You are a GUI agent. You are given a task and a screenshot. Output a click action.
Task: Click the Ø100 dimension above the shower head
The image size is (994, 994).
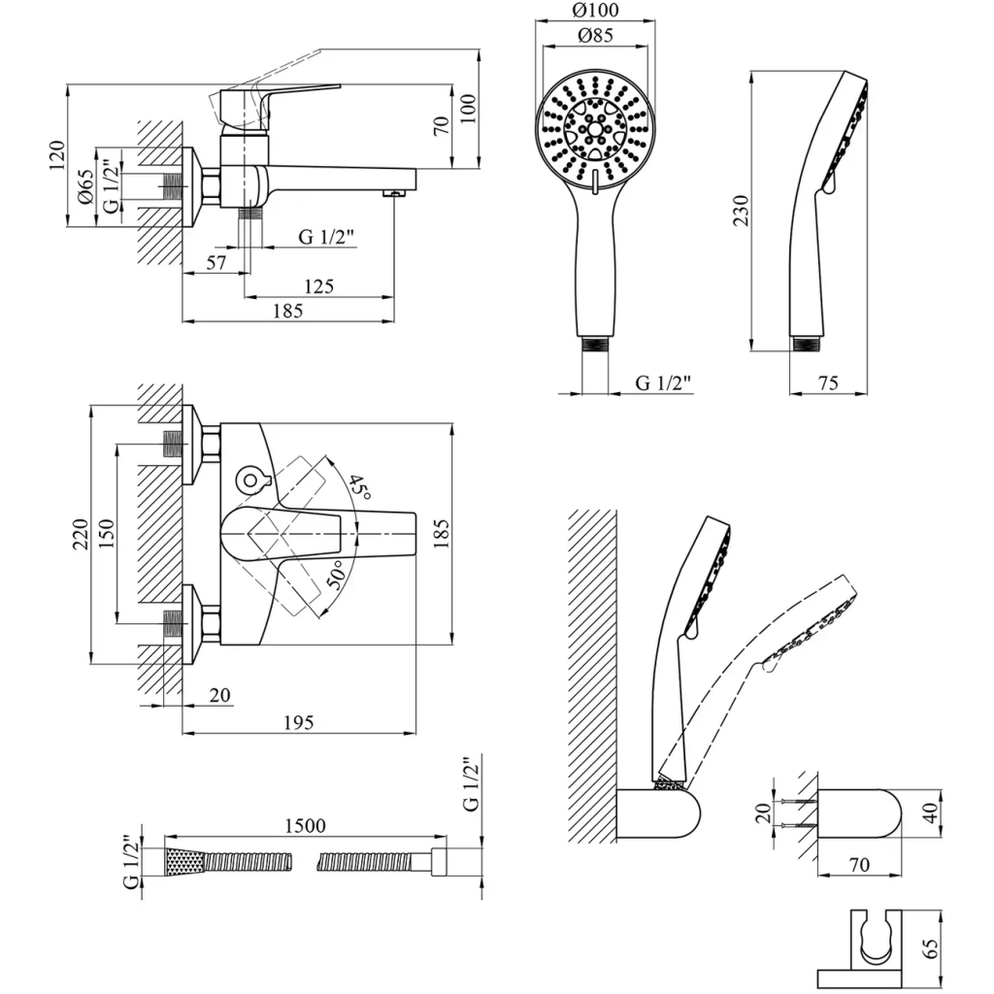[595, 12]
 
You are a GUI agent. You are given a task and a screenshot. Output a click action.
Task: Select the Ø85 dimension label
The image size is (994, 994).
[595, 38]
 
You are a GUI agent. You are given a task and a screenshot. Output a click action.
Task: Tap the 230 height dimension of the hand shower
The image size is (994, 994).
[741, 211]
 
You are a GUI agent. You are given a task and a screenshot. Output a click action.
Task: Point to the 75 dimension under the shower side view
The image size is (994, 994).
[828, 383]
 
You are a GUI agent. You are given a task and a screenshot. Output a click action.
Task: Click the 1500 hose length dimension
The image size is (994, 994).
[305, 825]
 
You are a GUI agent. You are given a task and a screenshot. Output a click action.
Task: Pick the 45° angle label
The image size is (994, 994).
[360, 487]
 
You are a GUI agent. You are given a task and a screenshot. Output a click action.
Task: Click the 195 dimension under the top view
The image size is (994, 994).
[298, 722]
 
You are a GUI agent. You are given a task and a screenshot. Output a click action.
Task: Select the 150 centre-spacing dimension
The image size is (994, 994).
[106, 532]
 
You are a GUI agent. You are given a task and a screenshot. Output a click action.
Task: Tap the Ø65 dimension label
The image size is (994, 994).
[84, 185]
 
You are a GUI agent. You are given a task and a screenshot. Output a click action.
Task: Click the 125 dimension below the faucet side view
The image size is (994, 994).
[317, 286]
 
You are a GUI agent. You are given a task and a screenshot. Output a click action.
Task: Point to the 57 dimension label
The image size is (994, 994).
[215, 263]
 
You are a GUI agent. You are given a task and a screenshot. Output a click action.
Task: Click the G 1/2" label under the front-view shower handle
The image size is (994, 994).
[664, 382]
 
